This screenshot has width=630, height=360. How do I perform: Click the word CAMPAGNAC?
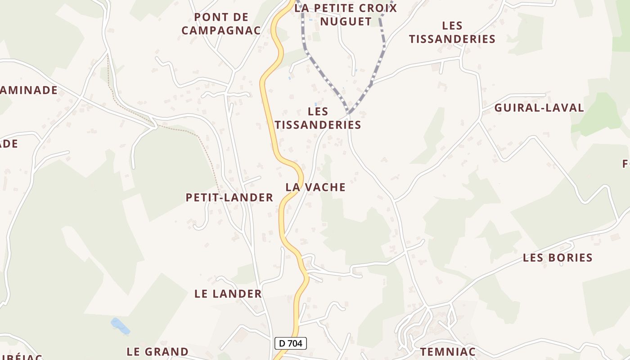pos(227,30)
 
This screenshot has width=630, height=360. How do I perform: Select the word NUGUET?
pos(346,21)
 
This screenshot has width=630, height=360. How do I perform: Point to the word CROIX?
pos(376,8)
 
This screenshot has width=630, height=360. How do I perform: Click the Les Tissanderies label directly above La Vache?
pos(318,118)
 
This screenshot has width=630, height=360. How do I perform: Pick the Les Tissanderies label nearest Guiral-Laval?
pos(452,32)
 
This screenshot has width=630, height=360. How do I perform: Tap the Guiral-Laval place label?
pos(539,108)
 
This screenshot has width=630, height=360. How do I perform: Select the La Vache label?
pos(315,187)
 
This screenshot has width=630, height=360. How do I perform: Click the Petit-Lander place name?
pos(229,197)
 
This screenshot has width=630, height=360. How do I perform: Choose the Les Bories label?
pos(558,257)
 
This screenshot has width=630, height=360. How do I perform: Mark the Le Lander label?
pos(228,293)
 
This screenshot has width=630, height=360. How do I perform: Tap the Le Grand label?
pos(157,351)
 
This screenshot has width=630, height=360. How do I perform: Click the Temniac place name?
pos(448,351)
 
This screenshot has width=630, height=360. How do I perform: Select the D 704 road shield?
pos(291,343)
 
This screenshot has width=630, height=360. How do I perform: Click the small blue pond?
pos(120,326)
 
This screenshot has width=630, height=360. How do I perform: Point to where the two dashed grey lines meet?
pos(349,112)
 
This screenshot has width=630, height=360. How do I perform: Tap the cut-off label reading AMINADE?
pos(29,90)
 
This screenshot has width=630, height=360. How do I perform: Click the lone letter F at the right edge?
pos(626,163)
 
